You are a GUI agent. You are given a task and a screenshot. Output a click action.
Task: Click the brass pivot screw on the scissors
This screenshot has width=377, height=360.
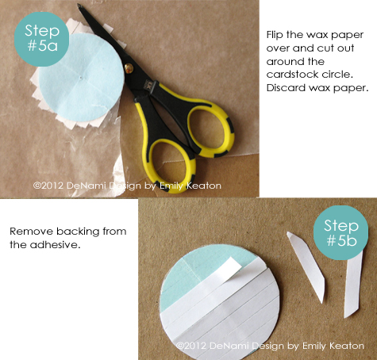pos(129,68)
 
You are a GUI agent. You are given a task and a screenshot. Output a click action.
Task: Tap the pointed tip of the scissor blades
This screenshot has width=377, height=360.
pos(79,5)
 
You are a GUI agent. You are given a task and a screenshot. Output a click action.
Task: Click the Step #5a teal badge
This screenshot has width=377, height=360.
pos(41,39)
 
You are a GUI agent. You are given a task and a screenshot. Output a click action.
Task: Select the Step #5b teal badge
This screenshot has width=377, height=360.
pos(340,232)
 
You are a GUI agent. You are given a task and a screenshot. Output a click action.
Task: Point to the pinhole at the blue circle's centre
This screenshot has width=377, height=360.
pos(81,78)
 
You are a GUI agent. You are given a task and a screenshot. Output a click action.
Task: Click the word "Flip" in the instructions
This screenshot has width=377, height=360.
pos(275,35)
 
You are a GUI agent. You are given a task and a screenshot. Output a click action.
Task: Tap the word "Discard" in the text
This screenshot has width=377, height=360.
pos(286,88)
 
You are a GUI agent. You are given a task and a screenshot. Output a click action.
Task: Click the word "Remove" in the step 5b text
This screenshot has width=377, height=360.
pos(31,232)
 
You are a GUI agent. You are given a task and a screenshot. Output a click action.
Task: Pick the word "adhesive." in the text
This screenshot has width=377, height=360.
pos(55,245)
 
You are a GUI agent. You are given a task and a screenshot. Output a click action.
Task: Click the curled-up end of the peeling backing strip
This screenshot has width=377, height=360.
pos(233,265)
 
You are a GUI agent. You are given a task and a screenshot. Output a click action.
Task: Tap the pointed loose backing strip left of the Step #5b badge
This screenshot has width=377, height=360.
pos(307,267)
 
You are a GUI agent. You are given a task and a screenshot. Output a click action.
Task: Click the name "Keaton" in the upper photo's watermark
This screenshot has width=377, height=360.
pos(204,186)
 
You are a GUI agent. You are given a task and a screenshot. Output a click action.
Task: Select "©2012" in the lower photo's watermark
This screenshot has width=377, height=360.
pos(191,346)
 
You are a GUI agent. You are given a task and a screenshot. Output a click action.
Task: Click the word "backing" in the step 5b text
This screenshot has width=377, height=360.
pos(78,232)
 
